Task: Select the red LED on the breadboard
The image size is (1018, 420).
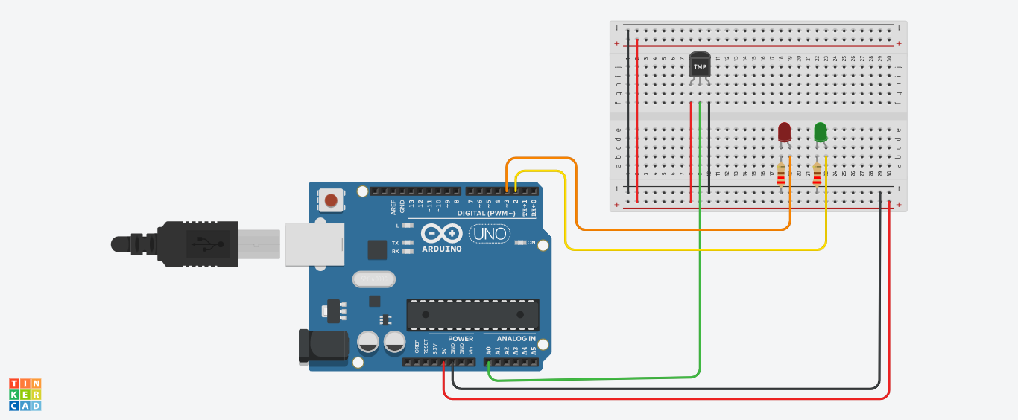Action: [x=784, y=133]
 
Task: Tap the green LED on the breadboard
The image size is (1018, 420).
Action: [x=821, y=133]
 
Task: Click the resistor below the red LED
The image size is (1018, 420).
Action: [x=781, y=175]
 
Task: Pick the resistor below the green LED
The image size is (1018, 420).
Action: [x=817, y=175]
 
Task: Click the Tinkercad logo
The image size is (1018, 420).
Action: [x=25, y=394]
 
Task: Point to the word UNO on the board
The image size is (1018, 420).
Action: [x=490, y=234]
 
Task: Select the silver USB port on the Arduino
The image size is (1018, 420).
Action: [x=314, y=244]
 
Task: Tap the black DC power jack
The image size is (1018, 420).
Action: [x=323, y=347]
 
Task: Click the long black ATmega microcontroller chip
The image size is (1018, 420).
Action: [x=472, y=314]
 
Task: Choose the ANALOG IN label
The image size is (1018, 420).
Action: [x=516, y=339]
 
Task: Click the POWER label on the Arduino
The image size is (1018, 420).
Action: [x=461, y=339]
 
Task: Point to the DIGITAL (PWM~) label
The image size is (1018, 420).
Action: [x=484, y=213]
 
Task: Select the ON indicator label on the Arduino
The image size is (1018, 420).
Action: [x=531, y=243]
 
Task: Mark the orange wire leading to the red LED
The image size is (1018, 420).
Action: [x=671, y=229]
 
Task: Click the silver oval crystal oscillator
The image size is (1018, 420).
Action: [x=373, y=279]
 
